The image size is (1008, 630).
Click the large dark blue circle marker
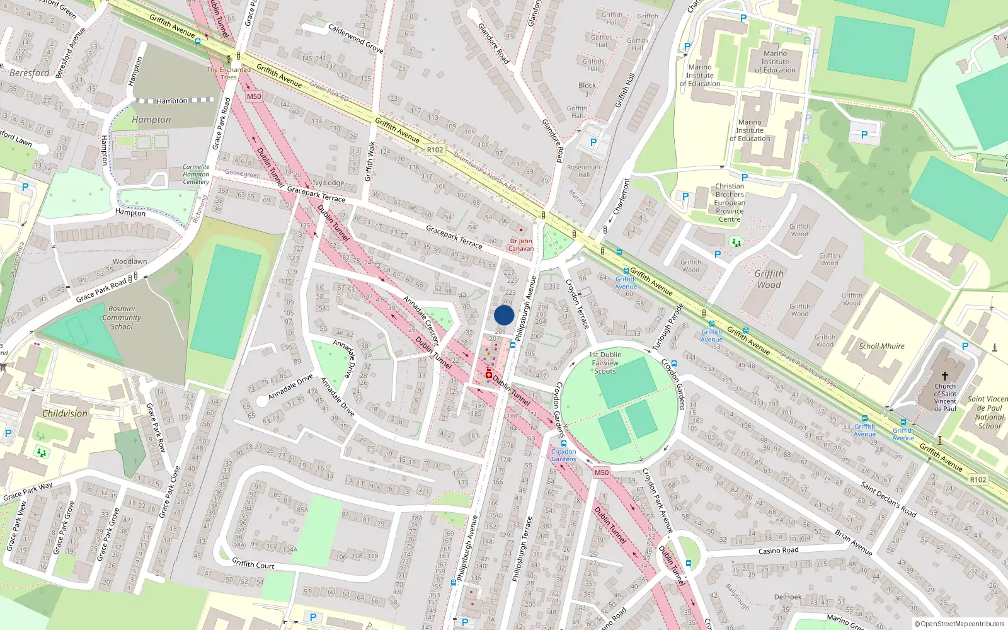click(x=504, y=315)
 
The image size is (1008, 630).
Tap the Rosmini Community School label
click(x=122, y=318)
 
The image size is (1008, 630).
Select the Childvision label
click(x=65, y=413)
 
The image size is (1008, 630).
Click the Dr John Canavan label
click(x=521, y=244)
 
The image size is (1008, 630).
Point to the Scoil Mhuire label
click(x=881, y=346)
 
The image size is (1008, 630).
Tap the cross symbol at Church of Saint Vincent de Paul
click(x=944, y=376)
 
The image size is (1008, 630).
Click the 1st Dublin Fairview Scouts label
click(x=605, y=363)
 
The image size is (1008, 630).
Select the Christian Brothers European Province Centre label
click(x=730, y=202)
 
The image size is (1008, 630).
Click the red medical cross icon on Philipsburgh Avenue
click(x=488, y=375)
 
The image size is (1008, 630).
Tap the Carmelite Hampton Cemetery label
click(x=196, y=175)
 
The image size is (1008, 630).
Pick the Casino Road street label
click(x=778, y=551)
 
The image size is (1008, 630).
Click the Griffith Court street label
click(x=253, y=564)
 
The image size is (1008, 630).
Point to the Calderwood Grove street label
click(x=356, y=38)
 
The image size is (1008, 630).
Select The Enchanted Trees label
click(x=229, y=73)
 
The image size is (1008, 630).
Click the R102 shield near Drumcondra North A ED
click(x=435, y=150)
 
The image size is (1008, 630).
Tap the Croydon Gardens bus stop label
click(x=563, y=455)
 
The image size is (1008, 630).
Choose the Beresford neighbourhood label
click(x=29, y=73)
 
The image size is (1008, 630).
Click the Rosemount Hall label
click(x=584, y=171)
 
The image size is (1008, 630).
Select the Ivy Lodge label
click(x=328, y=183)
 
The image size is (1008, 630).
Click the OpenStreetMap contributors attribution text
click(x=959, y=624)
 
